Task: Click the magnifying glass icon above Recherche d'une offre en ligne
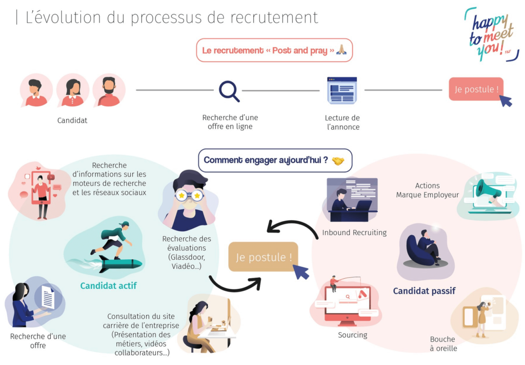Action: pos(229,91)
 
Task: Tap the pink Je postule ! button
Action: pos(475,89)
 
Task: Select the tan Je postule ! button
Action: pos(263,257)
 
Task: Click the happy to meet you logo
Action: pos(491,34)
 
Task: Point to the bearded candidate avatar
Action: pos(109,90)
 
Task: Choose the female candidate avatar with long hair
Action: pos(73,90)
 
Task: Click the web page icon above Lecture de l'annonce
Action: pos(341,90)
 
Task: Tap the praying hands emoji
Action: pos(341,50)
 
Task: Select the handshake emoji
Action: pos(338,160)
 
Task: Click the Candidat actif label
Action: pos(108,285)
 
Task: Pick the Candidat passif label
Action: pos(424,291)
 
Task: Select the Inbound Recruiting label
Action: pos(354,233)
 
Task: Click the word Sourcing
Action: pos(352,335)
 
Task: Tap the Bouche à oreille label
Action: pos(443,343)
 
